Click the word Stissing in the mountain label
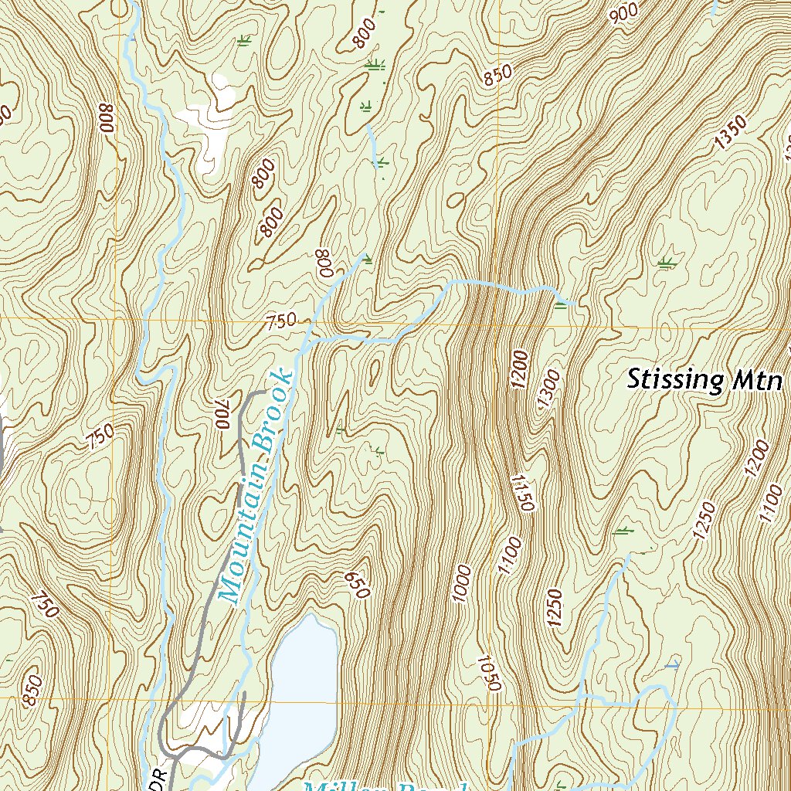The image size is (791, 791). point(674,379)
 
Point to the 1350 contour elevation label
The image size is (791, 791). point(731,131)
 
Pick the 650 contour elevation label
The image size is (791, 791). point(358,585)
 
